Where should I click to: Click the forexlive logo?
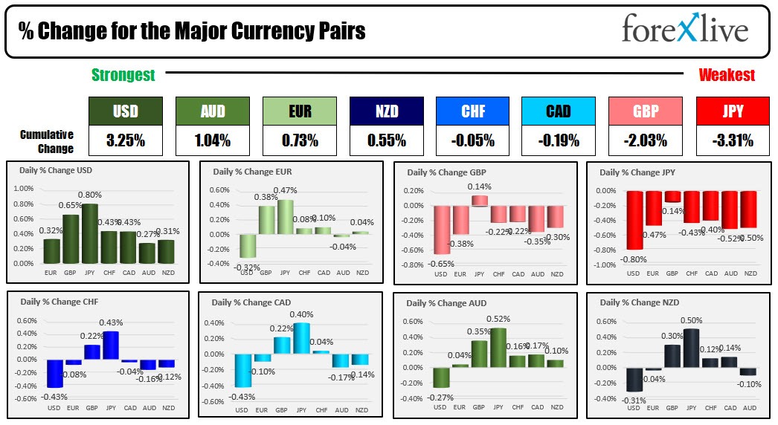coord(684,30)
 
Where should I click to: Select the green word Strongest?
coord(123,75)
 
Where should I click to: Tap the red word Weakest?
coord(726,75)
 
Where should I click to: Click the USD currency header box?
coord(125,111)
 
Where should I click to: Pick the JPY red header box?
coord(732,111)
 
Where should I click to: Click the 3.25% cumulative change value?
coord(125,140)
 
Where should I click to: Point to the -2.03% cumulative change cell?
coord(646,140)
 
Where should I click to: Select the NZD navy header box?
coord(387,111)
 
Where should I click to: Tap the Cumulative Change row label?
coord(47,141)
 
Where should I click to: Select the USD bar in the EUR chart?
coord(248,245)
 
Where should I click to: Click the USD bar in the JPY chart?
coord(634,220)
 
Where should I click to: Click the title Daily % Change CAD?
coord(251,302)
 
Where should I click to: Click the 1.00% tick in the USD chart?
coord(25,189)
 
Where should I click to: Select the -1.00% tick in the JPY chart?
coord(605,265)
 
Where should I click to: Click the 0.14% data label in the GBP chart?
coord(479,186)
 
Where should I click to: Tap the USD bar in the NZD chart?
coord(634,379)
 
